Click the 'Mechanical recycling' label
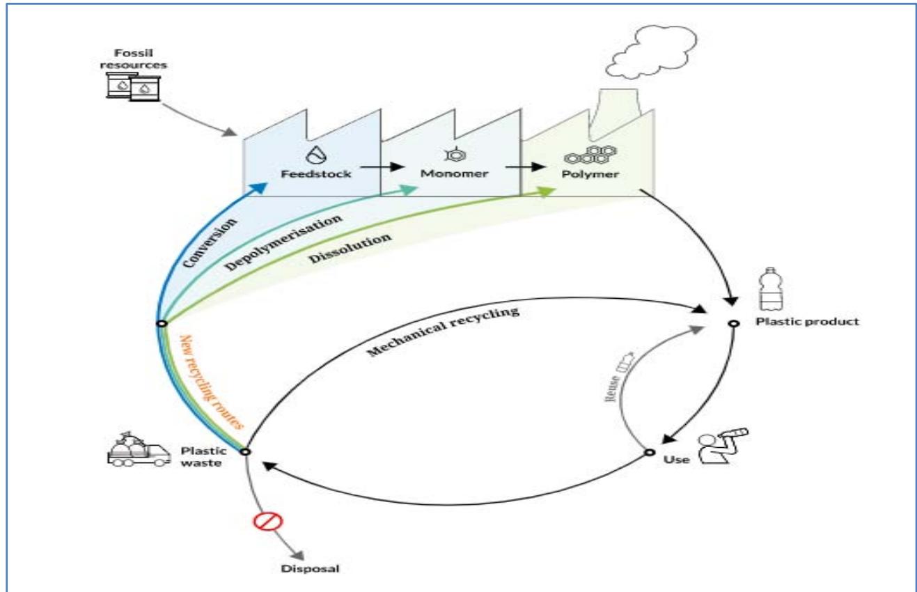(x=444, y=332)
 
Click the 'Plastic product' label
(x=808, y=322)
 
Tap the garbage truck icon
(x=136, y=451)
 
